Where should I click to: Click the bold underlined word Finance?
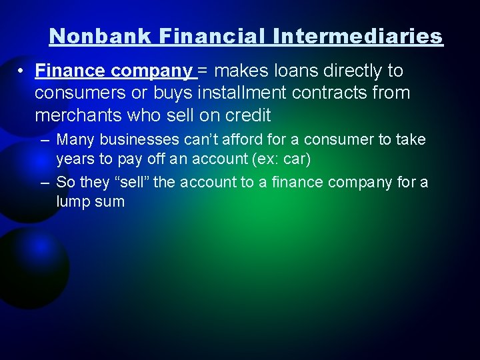coord(71,71)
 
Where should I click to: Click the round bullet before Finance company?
coord(22,71)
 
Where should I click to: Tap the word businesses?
coord(141,140)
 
